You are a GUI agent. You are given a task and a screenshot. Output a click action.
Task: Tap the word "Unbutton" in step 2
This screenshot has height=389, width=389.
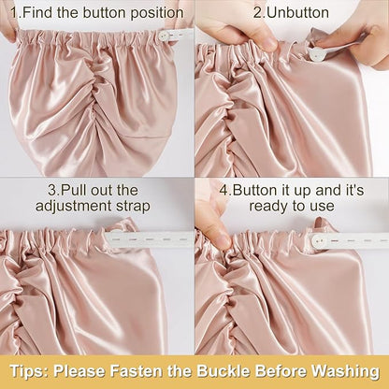pos(298,13)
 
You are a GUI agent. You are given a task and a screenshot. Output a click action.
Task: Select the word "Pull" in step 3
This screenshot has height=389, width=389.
pos(72,190)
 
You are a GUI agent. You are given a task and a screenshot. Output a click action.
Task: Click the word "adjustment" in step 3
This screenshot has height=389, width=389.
pos(71,207)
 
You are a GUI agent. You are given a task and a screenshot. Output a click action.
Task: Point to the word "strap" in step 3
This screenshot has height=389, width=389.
pos(132,207)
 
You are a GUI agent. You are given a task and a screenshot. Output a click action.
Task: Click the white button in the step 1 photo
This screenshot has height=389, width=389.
pos(163,35)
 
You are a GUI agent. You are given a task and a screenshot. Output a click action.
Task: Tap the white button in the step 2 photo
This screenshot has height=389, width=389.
pos(315,54)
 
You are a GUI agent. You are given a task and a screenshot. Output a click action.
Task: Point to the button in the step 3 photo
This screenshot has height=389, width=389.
pos(115,235)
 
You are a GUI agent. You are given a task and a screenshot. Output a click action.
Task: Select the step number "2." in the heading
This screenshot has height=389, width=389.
pos(259,13)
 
